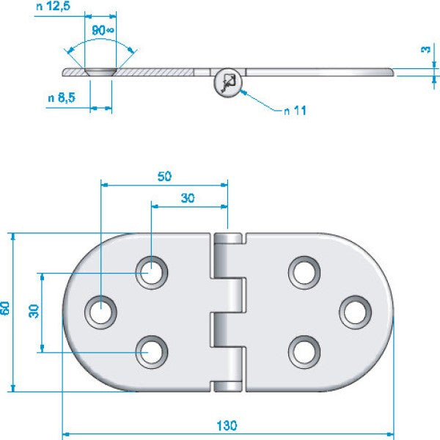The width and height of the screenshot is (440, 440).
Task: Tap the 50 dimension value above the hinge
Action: (164, 176)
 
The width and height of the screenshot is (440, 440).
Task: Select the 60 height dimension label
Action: (6, 309)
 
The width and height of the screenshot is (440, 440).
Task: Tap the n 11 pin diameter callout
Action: (295, 110)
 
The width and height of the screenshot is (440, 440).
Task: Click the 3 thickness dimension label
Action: (425, 49)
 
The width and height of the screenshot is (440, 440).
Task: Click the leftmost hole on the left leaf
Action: (100, 311)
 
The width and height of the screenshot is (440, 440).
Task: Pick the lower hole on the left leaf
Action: (152, 351)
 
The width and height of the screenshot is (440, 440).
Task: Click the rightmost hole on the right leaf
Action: (355, 311)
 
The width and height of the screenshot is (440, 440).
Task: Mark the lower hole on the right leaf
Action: (303, 351)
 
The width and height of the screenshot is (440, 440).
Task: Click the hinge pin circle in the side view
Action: (227, 81)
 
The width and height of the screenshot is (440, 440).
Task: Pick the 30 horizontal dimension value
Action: (188, 197)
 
